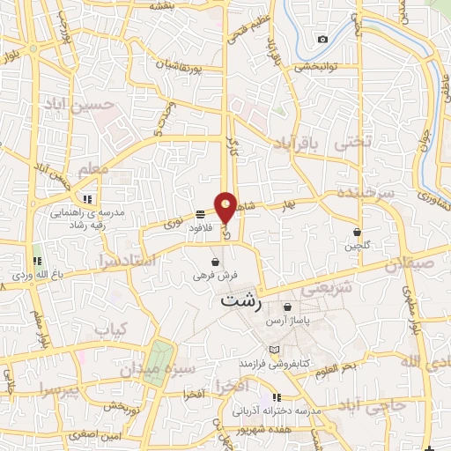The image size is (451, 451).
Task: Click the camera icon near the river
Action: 323,39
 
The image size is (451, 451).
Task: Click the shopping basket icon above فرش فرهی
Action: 215,262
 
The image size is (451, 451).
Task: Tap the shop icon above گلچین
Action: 357,232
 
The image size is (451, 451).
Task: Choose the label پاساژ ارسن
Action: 288,321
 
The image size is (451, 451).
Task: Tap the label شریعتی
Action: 327,287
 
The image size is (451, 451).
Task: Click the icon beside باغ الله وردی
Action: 37,261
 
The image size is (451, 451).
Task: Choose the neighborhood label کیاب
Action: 112,330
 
